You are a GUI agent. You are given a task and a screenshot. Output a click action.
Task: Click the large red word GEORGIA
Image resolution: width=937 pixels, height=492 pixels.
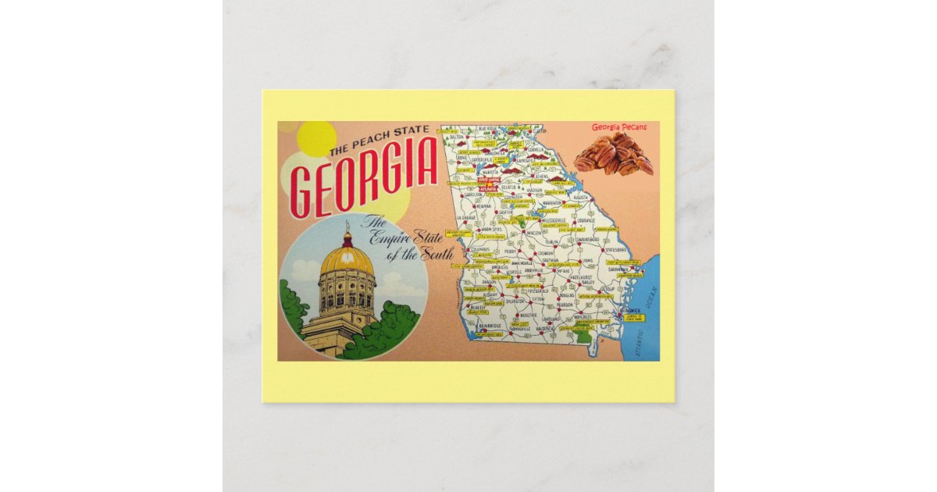363,178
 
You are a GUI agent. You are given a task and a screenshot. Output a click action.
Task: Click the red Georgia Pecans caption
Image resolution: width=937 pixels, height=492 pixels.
618,127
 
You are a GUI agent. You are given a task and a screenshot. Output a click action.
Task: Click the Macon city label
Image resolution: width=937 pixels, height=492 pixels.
534,233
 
